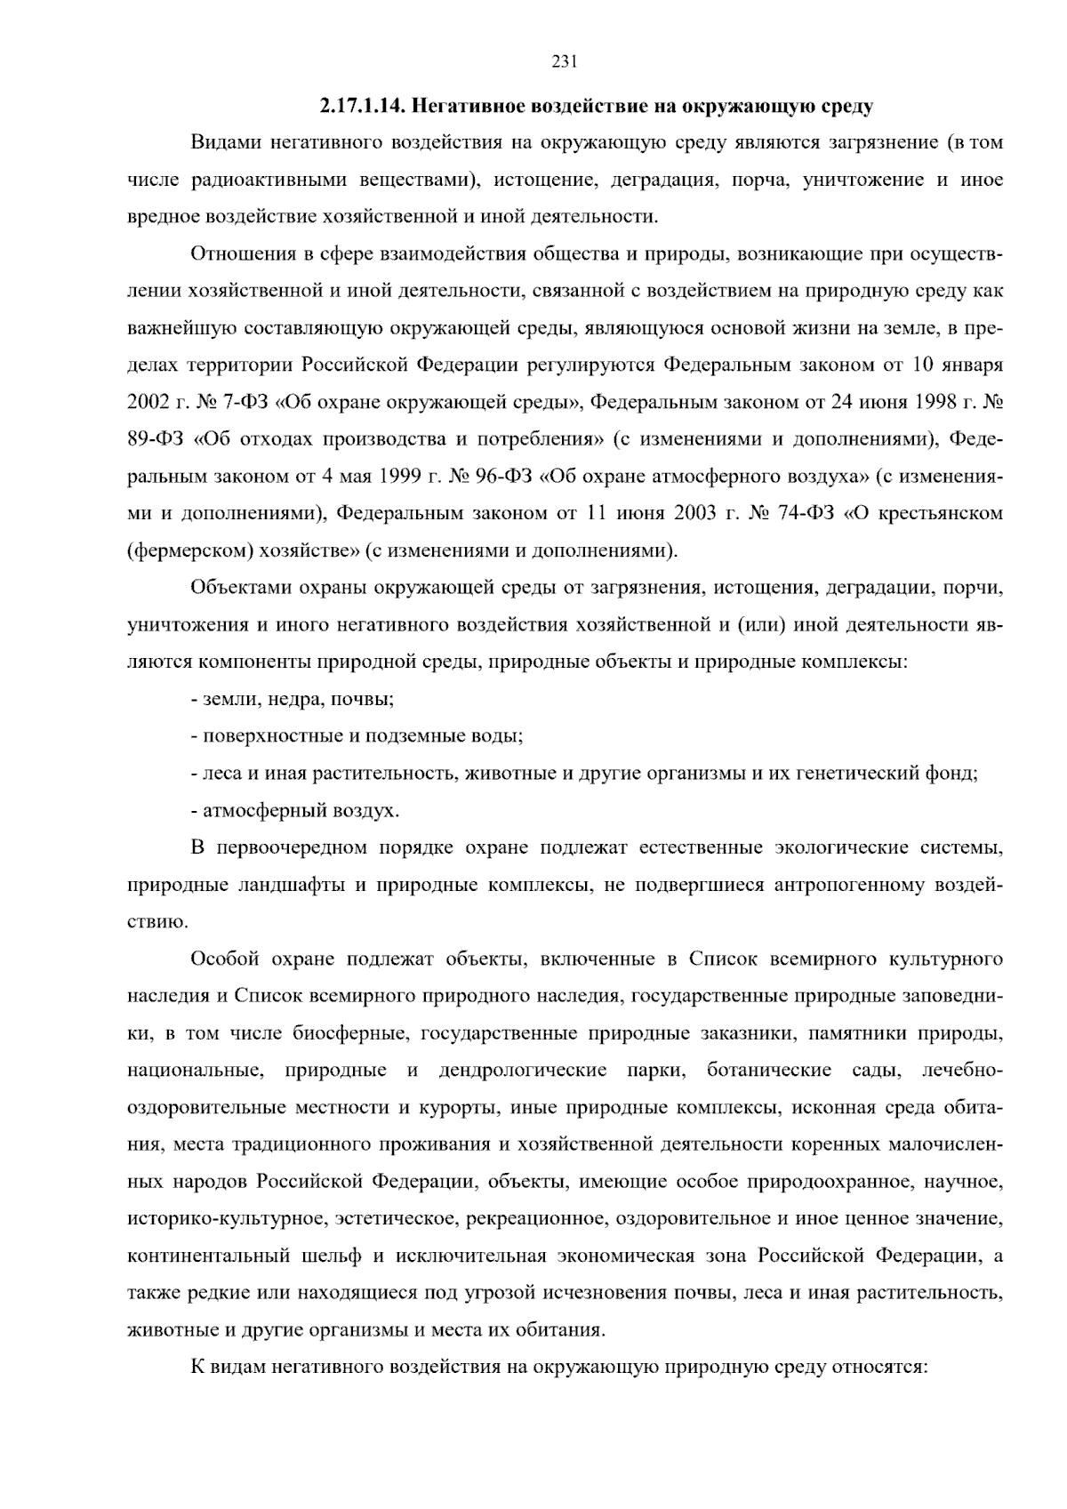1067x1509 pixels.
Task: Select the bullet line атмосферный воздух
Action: [x=295, y=811]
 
